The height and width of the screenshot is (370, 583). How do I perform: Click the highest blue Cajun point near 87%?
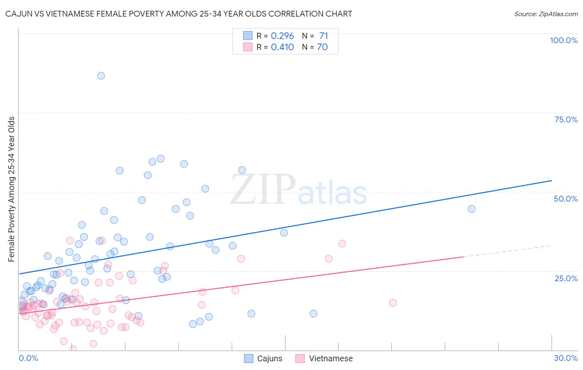[101, 75]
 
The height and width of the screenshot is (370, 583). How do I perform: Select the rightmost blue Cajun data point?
[471, 209]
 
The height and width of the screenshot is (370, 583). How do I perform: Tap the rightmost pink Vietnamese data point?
[393, 303]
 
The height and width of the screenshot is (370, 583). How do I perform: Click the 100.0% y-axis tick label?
[564, 40]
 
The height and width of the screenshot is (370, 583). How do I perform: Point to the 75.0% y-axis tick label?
[566, 119]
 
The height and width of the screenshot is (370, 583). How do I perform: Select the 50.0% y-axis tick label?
[566, 199]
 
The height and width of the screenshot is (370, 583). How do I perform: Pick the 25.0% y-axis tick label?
[566, 278]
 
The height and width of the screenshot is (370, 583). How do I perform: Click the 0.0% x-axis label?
[28, 358]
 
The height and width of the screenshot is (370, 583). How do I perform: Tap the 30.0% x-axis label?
[566, 358]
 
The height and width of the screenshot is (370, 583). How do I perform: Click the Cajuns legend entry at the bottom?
[269, 358]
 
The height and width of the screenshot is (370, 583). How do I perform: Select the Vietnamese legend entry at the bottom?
[330, 358]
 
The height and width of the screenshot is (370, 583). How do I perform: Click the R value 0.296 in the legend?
[282, 36]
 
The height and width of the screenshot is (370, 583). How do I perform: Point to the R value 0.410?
[282, 47]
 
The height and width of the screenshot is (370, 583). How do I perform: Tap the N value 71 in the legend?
[323, 36]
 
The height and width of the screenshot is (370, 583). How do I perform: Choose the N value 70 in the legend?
[322, 47]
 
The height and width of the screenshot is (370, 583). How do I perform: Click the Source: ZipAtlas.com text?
[546, 14]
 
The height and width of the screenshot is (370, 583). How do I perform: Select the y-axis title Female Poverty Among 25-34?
[12, 189]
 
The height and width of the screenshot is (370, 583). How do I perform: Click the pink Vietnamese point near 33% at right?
[342, 243]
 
